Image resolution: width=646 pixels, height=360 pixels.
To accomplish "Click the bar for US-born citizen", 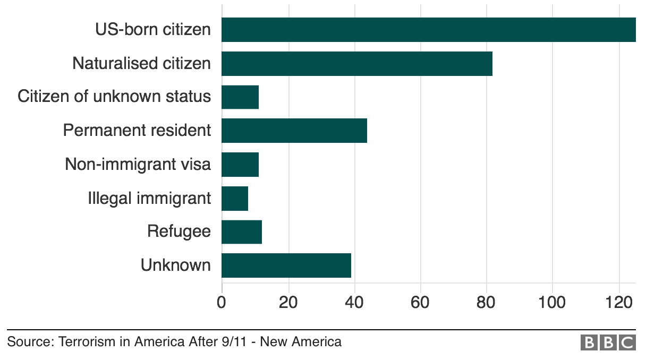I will pyautogui.click(x=428, y=30).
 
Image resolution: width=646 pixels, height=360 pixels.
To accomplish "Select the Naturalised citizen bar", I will pyautogui.click(x=356, y=64).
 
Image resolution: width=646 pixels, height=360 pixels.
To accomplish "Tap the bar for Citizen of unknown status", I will pyautogui.click(x=240, y=97).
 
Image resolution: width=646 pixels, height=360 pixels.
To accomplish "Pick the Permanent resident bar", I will pyautogui.click(x=294, y=131).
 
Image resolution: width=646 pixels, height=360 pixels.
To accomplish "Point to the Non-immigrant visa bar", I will pyautogui.click(x=240, y=165).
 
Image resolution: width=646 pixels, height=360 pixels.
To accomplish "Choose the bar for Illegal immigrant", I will pyautogui.click(x=235, y=198).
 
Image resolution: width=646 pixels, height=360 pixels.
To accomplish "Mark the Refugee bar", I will pyautogui.click(x=242, y=232).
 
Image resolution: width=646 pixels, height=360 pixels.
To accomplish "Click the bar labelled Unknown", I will pyautogui.click(x=286, y=265).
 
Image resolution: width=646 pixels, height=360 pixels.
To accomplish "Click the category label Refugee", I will pyautogui.click(x=179, y=232).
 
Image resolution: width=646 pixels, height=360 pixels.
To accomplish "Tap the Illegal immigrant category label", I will pyautogui.click(x=149, y=199).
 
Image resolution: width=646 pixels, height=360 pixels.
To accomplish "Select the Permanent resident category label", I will pyautogui.click(x=137, y=131).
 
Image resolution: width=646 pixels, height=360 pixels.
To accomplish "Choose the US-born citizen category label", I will pyautogui.click(x=153, y=30).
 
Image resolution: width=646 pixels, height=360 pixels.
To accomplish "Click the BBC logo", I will pyautogui.click(x=608, y=342).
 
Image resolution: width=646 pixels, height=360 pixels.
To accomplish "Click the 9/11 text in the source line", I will pyautogui.click(x=237, y=341).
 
